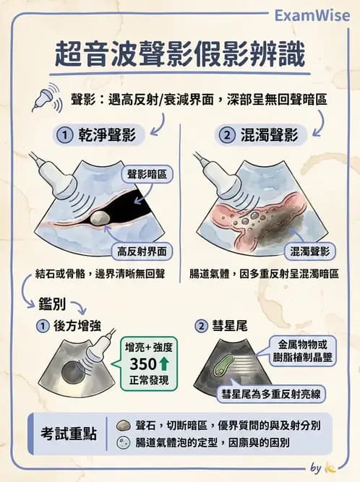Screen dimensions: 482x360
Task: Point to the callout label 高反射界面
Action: point(142,251)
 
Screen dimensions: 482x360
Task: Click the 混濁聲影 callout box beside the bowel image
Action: point(309,251)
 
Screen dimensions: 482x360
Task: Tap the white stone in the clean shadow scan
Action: point(104,217)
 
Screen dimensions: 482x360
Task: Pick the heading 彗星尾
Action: point(233,326)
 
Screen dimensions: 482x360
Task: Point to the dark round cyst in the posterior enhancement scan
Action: point(73,374)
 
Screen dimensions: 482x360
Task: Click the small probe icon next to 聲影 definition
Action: point(44,99)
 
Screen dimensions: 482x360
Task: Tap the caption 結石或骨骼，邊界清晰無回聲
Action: point(100,274)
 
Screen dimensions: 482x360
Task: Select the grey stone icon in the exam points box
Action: point(122,425)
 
